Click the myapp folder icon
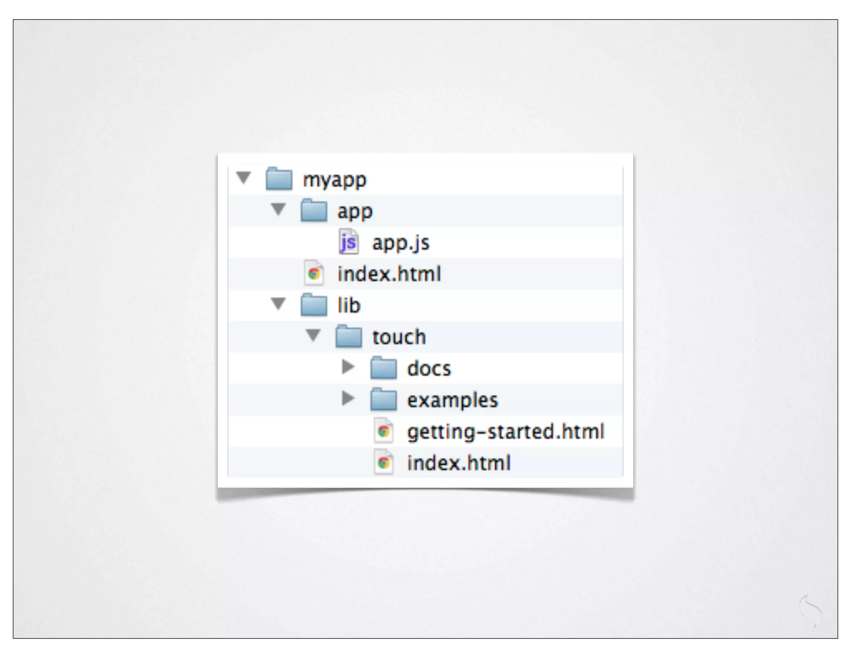coord(279,179)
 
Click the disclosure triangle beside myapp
coord(244,178)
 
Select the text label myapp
coord(334,180)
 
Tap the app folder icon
coord(314,211)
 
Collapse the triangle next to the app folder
coord(278,209)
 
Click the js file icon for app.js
coord(348,242)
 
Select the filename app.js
coord(401,243)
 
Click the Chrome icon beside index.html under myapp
coord(314,274)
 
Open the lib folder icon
coord(314,305)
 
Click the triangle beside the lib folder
coord(278,304)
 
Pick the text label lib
coord(349,305)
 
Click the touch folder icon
coord(349,336)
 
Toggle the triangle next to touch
coord(313,335)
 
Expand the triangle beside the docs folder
coord(348,367)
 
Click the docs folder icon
coord(383,368)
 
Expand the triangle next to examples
coord(348,398)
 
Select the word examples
coord(452,400)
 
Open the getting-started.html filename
coord(505,431)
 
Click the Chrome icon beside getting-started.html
coord(383,431)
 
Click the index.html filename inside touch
coord(459,463)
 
